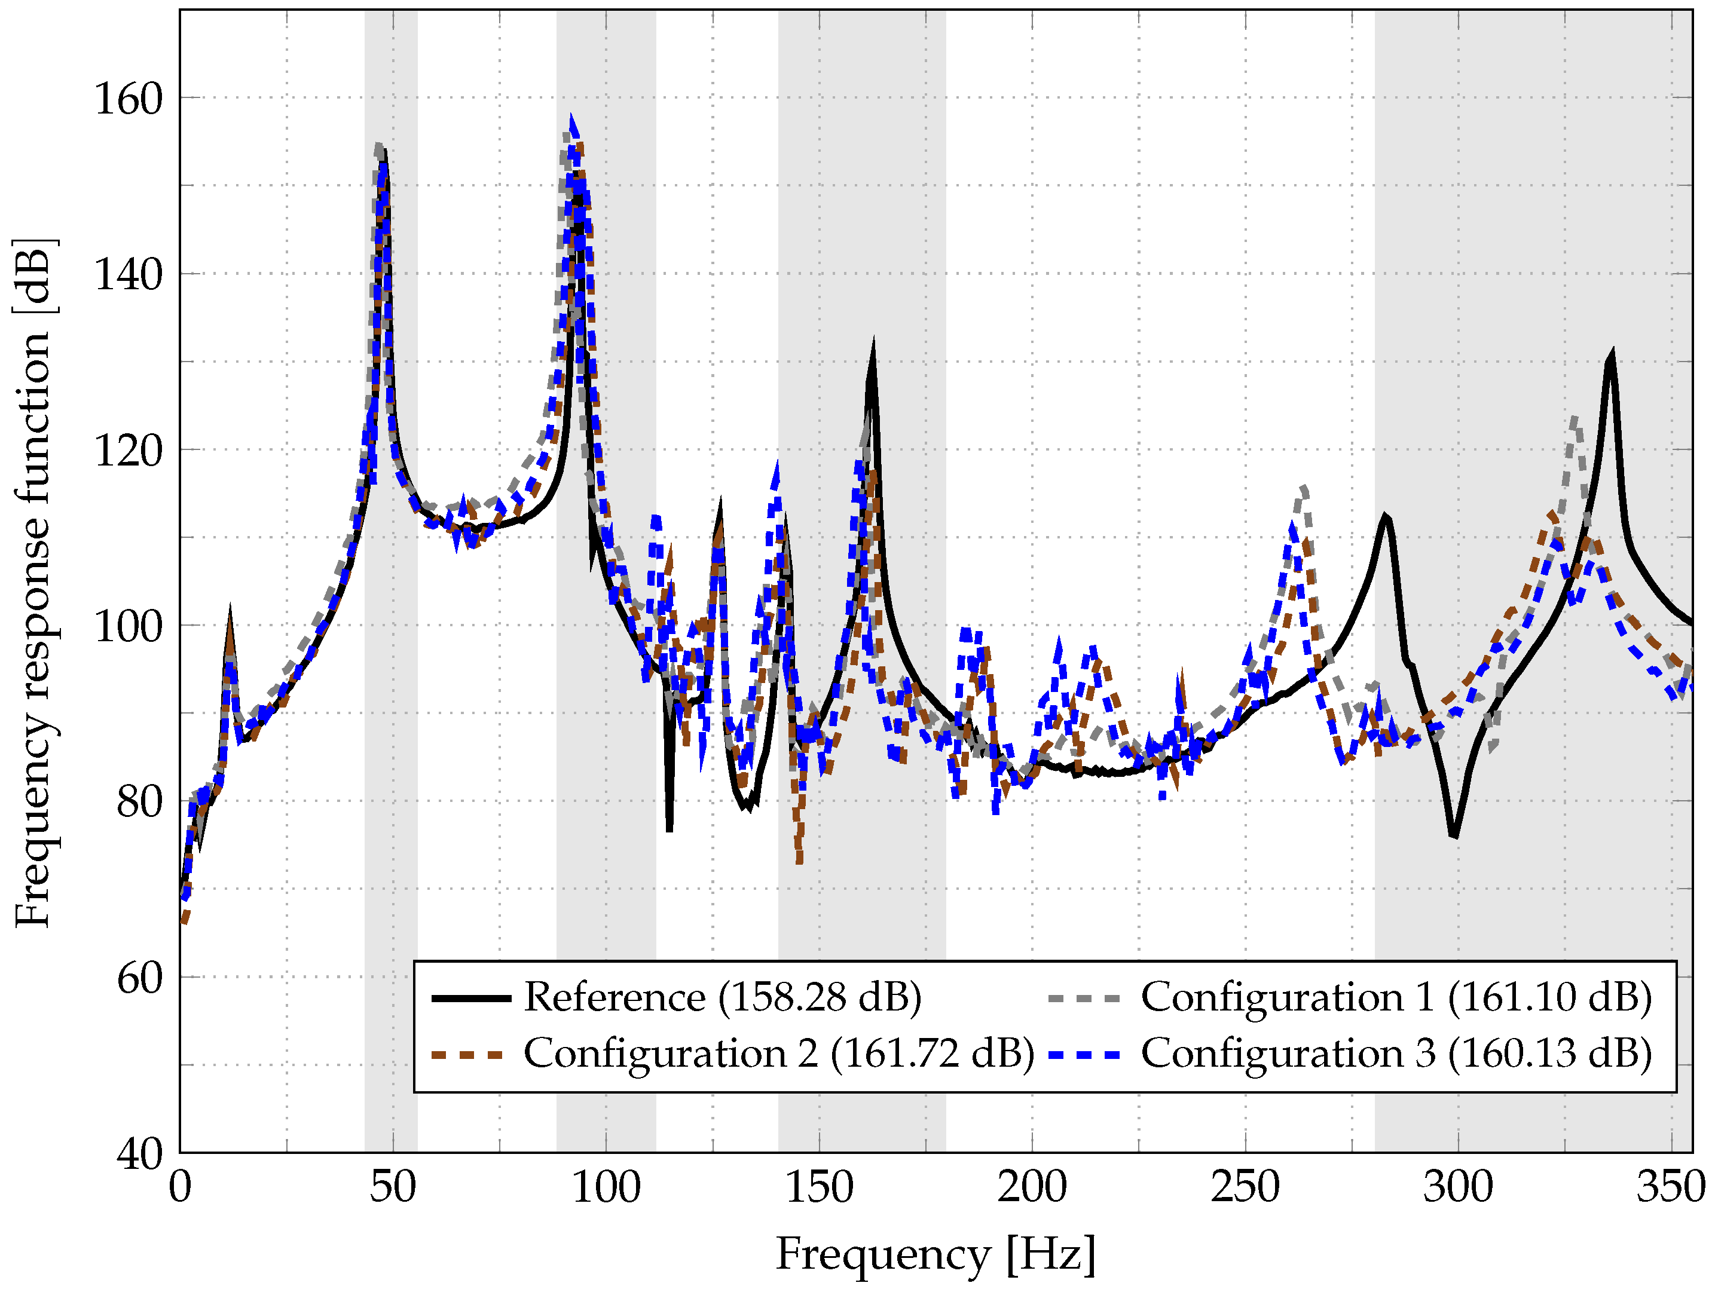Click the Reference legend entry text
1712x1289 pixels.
(x=722, y=997)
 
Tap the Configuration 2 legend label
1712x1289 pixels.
(x=778, y=1053)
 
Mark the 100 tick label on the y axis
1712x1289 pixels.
(x=128, y=626)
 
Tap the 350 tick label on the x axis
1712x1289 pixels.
(x=1670, y=1187)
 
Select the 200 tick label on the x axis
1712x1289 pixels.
(x=1032, y=1187)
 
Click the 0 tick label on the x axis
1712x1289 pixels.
(x=179, y=1187)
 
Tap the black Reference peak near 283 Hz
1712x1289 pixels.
(x=1384, y=516)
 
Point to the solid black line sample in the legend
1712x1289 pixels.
(x=470, y=998)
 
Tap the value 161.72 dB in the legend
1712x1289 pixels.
(x=933, y=1053)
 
